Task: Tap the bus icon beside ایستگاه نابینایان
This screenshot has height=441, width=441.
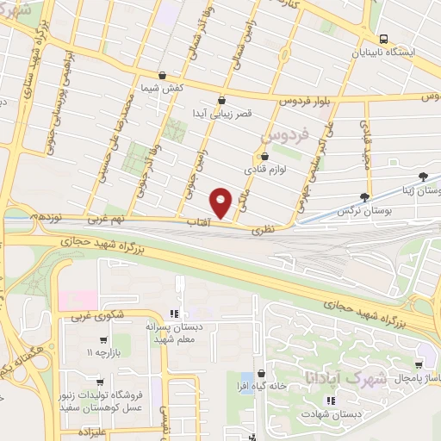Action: (383, 39)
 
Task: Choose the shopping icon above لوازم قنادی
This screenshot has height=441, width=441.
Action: (264, 157)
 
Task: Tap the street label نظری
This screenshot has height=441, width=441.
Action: (262, 230)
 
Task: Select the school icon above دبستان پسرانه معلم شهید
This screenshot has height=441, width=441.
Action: (173, 313)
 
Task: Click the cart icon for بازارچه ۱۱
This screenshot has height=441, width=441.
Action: (104, 340)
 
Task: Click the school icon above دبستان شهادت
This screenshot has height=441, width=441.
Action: (328, 401)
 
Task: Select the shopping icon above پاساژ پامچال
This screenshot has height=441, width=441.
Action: (419, 364)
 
